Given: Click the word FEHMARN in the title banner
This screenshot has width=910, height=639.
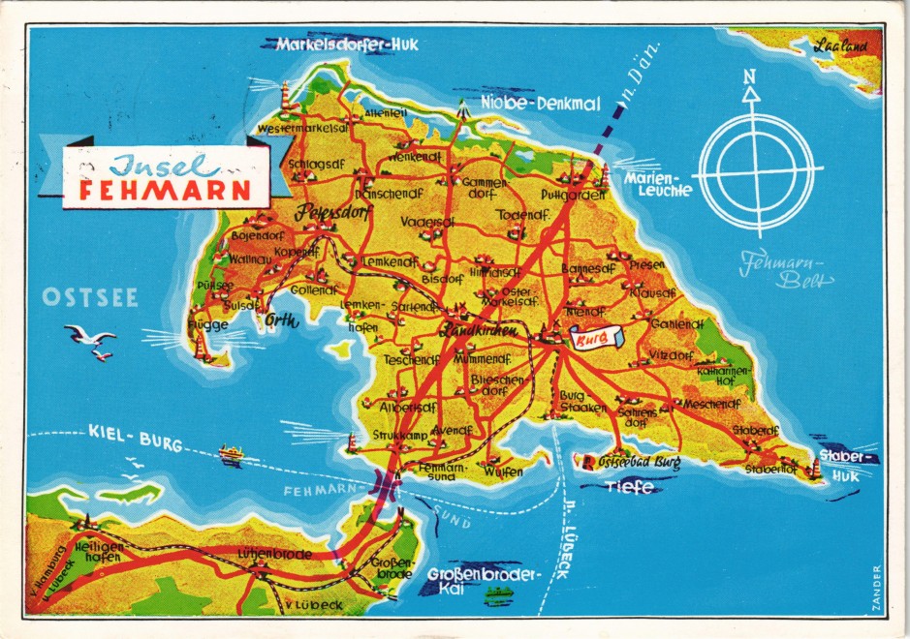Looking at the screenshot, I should point(165,189).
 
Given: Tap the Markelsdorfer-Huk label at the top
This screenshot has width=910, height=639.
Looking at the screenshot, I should point(334,45).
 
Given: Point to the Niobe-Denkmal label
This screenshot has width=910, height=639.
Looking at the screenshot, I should point(541,104).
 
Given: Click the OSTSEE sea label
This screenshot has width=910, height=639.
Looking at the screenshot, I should point(89,297).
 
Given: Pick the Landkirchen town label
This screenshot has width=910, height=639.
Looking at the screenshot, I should point(481,331).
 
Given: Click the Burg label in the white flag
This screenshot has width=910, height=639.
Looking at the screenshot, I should point(588,339).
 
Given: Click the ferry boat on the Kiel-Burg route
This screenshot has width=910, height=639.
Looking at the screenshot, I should point(231,454).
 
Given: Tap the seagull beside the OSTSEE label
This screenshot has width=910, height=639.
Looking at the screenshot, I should point(91,339).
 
